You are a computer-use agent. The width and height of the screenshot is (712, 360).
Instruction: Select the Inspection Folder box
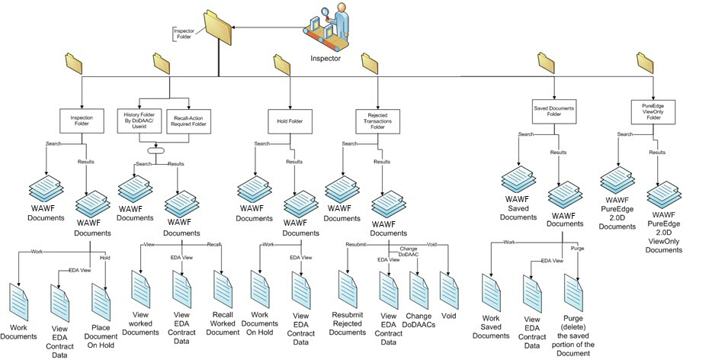tap(81, 120)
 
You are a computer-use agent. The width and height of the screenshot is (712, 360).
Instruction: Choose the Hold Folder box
tap(290, 120)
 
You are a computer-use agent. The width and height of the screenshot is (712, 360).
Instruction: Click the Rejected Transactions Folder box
tap(377, 120)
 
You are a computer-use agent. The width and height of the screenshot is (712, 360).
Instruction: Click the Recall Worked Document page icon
tap(223, 288)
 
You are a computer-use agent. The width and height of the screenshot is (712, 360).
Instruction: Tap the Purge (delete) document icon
tap(574, 293)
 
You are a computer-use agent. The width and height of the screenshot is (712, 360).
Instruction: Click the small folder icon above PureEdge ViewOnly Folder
tap(645, 63)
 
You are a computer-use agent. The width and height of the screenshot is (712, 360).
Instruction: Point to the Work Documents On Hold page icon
tap(261, 288)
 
